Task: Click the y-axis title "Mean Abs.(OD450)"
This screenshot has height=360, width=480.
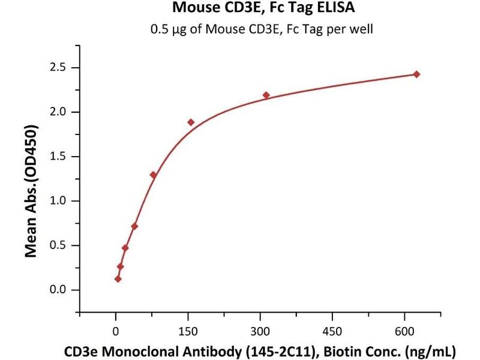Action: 31,191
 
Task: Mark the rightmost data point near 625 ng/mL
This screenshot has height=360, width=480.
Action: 416,74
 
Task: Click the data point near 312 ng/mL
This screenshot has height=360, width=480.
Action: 266,95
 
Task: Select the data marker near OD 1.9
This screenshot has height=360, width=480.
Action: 191,122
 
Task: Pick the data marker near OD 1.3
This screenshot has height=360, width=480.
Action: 153,175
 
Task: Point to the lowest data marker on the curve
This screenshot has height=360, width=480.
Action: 118,279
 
